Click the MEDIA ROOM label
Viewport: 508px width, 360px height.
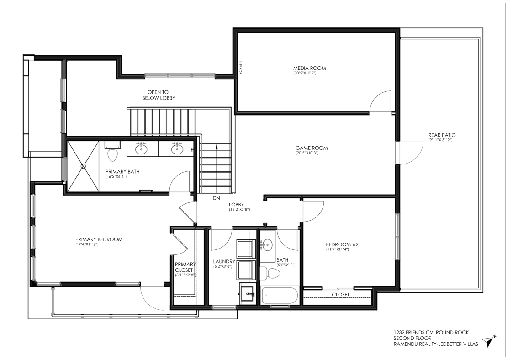(309, 68)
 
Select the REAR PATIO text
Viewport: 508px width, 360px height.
(442, 135)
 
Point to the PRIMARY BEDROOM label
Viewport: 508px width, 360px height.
(99, 239)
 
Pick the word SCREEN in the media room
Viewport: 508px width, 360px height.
(240, 68)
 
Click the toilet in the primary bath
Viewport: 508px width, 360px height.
(112, 152)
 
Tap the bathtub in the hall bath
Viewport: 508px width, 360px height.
(280, 296)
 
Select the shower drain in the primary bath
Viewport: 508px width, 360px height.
(83, 166)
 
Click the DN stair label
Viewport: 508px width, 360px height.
(217, 198)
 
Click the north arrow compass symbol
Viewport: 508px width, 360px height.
(489, 341)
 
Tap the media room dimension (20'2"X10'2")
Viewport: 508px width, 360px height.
(305, 73)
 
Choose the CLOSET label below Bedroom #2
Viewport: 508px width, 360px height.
(340, 295)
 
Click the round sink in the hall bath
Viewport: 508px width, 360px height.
(268, 245)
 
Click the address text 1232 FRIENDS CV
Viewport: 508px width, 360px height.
(413, 332)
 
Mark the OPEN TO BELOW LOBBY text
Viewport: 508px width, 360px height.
(159, 95)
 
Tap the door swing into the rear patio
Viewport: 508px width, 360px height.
(412, 153)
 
